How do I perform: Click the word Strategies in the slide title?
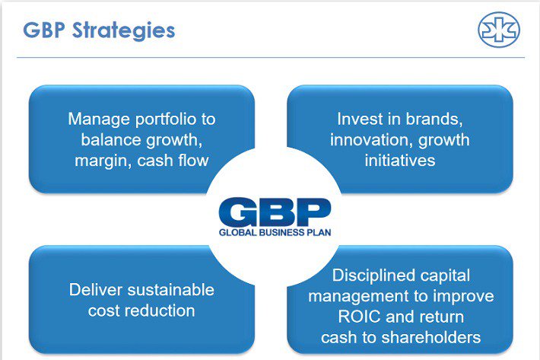pyautogui.click(x=123, y=31)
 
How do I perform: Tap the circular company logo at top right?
pyautogui.click(x=499, y=30)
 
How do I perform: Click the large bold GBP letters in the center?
pyautogui.click(x=275, y=212)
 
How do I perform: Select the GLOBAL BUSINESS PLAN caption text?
pyautogui.click(x=275, y=232)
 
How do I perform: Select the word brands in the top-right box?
pyautogui.click(x=434, y=119)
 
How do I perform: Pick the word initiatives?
pyautogui.click(x=400, y=161)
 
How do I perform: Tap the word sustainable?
pyautogui.click(x=171, y=290)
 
